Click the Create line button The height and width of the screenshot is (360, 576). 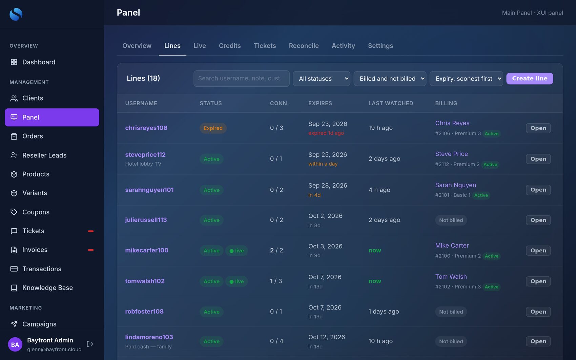530,78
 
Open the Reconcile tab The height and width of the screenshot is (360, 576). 304,45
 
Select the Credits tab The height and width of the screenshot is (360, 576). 230,45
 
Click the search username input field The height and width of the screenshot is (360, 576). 241,78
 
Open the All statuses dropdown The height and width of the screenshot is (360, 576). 322,78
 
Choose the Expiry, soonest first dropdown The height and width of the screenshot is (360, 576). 466,78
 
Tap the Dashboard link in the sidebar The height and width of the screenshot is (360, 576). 39,62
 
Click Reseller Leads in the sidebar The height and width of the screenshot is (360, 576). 44,155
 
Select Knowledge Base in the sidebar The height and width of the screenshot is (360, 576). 47,288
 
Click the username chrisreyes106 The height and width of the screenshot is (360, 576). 146,128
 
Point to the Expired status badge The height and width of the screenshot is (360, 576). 213,128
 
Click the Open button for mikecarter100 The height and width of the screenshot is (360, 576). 538,250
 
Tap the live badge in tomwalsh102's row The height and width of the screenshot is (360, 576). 236,281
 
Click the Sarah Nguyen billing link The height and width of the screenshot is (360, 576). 455,185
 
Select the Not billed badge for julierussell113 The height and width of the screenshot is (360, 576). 451,220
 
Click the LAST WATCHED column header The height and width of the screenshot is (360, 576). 391,103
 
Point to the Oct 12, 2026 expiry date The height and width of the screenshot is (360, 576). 326,337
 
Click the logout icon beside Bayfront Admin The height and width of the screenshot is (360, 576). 90,344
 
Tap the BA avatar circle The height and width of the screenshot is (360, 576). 15,344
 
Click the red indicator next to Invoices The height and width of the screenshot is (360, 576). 90,250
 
